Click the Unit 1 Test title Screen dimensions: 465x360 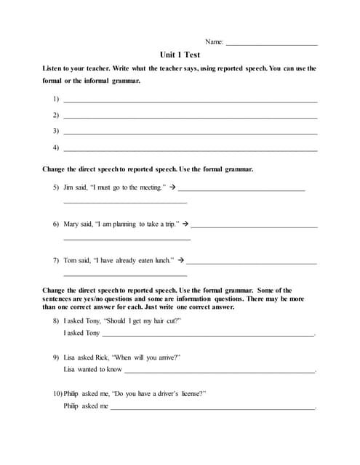pyautogui.click(x=180, y=54)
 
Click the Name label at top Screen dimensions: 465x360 pyautogui.click(x=215, y=42)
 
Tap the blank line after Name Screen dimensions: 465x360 pyautogui.click(x=272, y=45)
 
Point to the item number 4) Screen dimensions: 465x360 pyautogui.click(x=56, y=147)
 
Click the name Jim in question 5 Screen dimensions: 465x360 pyautogui.click(x=69, y=187)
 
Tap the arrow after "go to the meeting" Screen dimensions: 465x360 pyautogui.click(x=173, y=187)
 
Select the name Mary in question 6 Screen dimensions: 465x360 pyautogui.click(x=71, y=224)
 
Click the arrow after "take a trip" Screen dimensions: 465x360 pyautogui.click(x=185, y=224)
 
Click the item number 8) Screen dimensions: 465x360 pyautogui.click(x=56, y=320)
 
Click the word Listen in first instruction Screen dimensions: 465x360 pyautogui.click(x=54, y=68)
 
